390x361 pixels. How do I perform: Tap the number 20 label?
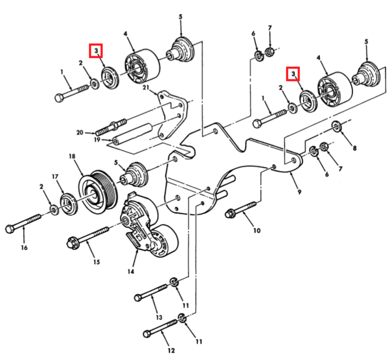click(x=80, y=132)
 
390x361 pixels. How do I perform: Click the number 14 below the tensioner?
click(x=130, y=272)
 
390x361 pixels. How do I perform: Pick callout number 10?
click(x=257, y=230)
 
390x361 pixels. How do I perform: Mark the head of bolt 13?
click(x=138, y=297)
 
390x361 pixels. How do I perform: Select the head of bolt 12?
click(x=146, y=333)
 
